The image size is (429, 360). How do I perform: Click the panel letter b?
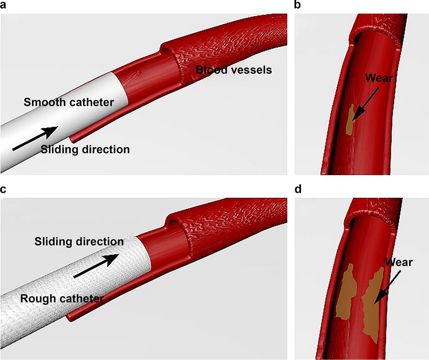pos(298,6)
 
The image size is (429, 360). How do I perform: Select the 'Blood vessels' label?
pos(233,70)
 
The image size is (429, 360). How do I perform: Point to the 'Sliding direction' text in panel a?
pos(85,150)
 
